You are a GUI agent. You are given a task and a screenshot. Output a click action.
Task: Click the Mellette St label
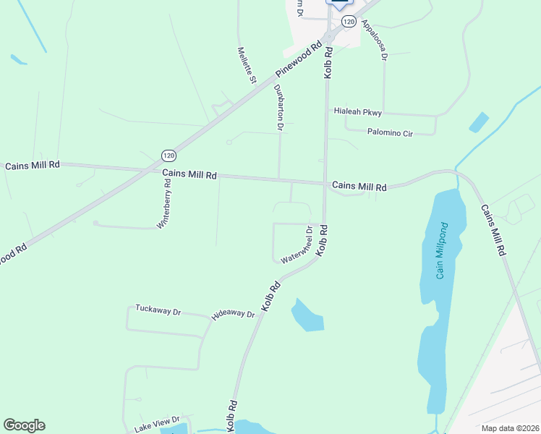[247, 65]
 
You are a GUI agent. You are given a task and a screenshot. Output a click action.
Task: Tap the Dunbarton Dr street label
[279, 107]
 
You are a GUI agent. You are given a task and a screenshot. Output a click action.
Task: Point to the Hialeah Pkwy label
[357, 112]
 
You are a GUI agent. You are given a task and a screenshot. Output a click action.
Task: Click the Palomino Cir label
[390, 133]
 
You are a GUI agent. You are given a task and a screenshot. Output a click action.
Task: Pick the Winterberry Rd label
[165, 204]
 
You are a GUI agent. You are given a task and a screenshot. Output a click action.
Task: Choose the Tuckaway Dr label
[158, 310]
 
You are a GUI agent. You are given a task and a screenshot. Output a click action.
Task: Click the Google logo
[24, 425]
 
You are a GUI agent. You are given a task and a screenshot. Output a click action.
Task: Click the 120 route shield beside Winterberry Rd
[169, 156]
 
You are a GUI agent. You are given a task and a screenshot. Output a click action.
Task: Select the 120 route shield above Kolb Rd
[349, 22]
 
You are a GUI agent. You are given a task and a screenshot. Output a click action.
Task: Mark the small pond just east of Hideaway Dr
[307, 315]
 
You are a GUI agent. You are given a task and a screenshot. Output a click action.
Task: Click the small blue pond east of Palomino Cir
[479, 122]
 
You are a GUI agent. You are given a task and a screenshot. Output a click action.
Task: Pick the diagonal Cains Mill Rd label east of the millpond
[493, 230]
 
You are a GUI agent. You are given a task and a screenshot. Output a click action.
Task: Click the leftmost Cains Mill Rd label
[33, 166]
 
